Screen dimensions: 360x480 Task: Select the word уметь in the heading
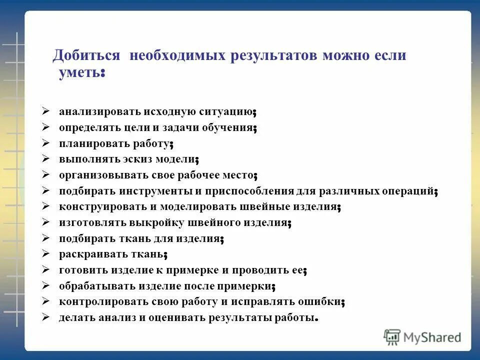[x=79, y=73]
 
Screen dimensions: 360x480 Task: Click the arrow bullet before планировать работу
[x=45, y=143]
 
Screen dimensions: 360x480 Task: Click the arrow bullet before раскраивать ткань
[x=45, y=254]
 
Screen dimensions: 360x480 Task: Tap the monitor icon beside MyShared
[x=392, y=337]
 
